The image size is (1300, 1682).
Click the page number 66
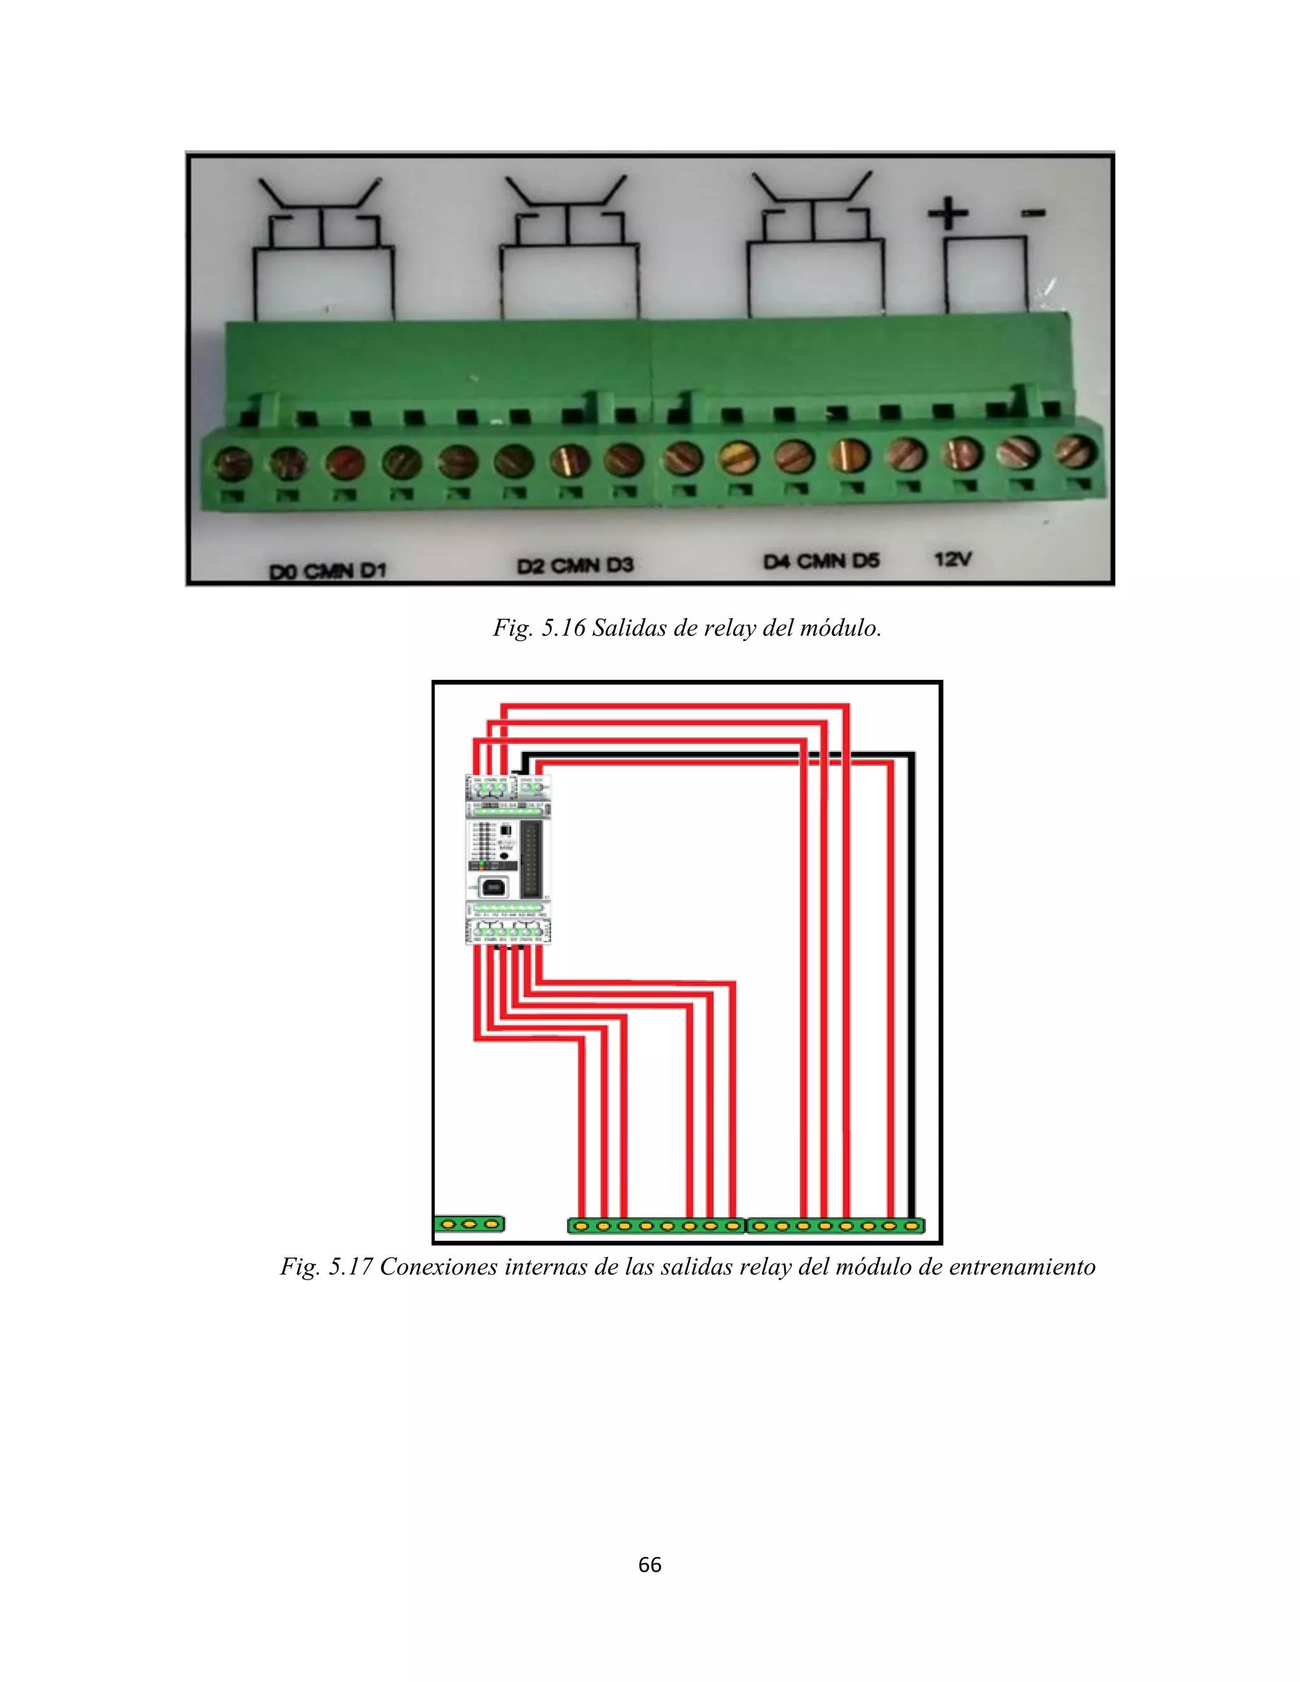click(649, 1564)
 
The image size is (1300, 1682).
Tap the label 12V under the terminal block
click(953, 559)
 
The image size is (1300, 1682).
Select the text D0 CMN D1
click(328, 571)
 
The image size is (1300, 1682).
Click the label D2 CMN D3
click(574, 566)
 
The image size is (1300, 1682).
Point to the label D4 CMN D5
click(821, 562)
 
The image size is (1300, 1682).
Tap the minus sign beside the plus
click(1033, 213)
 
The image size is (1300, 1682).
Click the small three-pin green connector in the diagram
click(469, 1224)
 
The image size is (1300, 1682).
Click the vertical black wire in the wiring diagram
click(912, 986)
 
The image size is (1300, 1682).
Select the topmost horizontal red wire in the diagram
click(675, 705)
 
